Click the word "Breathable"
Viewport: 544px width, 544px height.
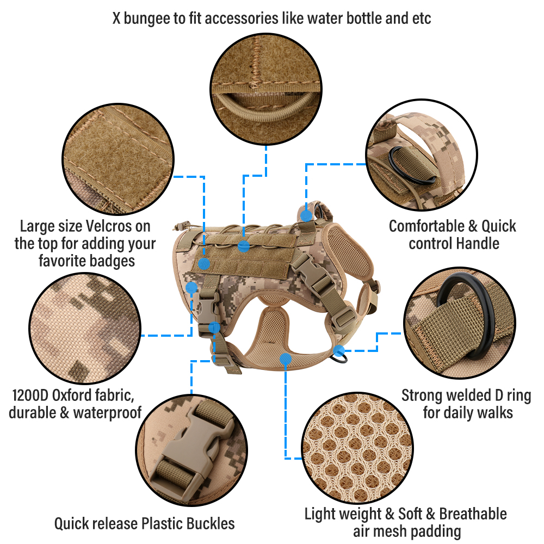473,514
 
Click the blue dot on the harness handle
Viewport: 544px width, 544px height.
307,216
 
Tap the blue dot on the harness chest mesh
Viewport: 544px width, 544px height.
285,358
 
